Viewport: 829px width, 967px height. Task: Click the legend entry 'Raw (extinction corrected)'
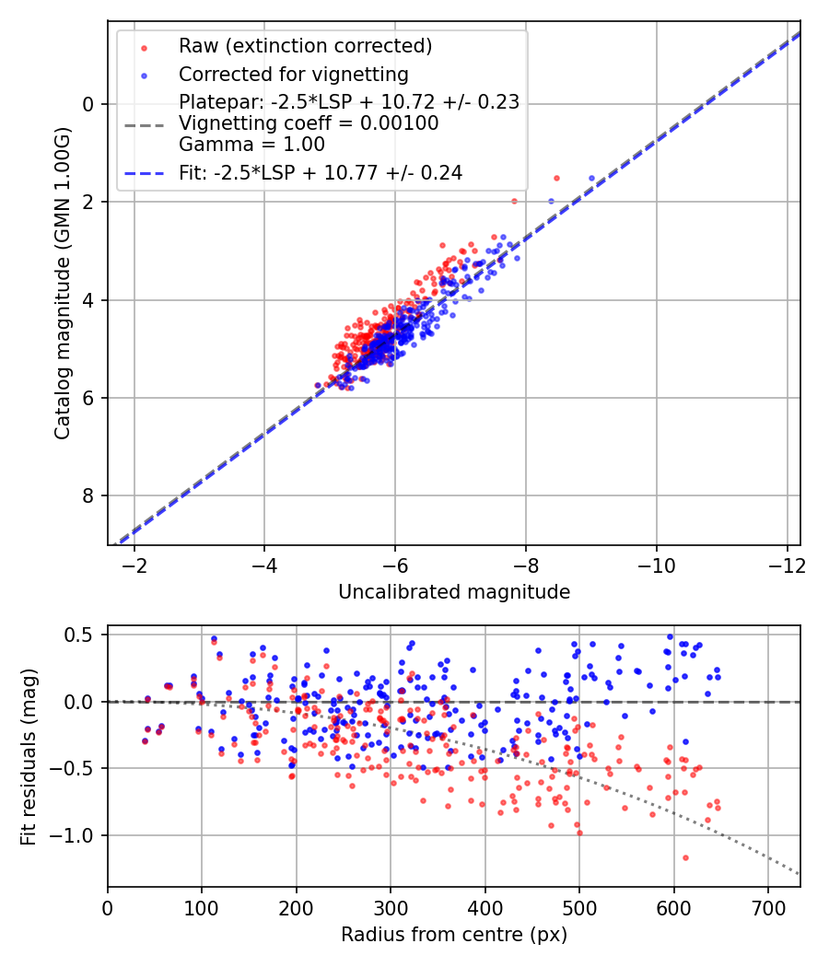[305, 46]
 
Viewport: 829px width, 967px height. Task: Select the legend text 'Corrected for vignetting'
[294, 74]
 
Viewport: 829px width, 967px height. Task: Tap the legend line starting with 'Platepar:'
[349, 101]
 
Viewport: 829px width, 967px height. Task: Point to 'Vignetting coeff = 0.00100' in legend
[309, 122]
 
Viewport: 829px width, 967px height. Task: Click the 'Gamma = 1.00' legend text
[251, 145]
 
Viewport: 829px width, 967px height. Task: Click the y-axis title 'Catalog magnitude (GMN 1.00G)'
[63, 284]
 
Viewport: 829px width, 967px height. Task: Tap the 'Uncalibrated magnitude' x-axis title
[454, 592]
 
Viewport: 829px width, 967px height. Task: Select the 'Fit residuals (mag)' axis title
[29, 757]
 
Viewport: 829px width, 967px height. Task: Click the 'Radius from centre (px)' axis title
[454, 935]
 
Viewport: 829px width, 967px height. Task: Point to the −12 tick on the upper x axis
[787, 565]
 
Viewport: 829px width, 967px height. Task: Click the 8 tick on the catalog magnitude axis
[88, 495]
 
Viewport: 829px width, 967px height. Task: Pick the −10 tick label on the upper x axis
[656, 565]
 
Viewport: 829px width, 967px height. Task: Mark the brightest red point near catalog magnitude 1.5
[556, 179]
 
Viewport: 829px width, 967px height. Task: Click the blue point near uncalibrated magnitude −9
[591, 179]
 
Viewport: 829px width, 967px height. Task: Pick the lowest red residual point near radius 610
[685, 857]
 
